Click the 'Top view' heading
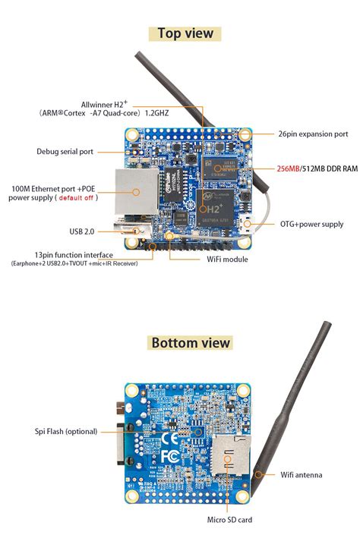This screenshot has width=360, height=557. click(185, 33)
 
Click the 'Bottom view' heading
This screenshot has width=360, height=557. click(190, 342)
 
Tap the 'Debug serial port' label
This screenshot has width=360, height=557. click(65, 152)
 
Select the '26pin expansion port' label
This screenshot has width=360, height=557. click(313, 134)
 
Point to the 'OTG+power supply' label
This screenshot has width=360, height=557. click(311, 224)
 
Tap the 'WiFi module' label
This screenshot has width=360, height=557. click(228, 259)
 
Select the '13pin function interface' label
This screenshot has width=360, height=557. click(74, 255)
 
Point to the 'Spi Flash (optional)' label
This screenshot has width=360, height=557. click(65, 431)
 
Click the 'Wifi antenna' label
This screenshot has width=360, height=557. click(302, 475)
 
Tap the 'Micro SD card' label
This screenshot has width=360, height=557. click(229, 520)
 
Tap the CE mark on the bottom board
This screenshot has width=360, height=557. click(172, 438)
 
